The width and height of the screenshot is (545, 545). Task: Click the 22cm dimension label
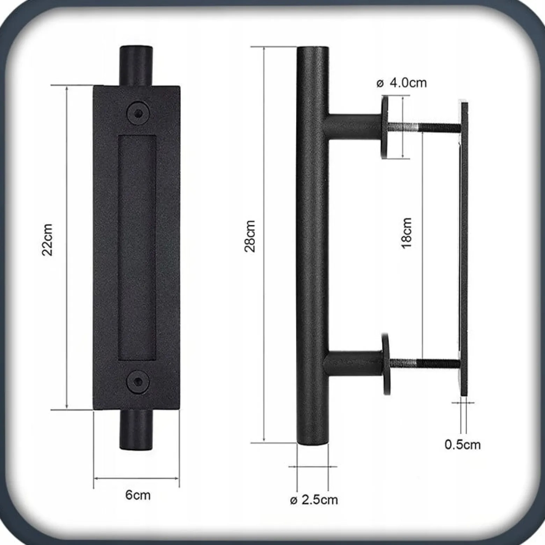[47, 240]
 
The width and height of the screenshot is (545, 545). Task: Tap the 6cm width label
[138, 495]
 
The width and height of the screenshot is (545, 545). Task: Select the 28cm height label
[250, 236]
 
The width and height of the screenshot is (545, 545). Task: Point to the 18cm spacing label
[406, 233]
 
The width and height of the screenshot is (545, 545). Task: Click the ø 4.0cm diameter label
[401, 83]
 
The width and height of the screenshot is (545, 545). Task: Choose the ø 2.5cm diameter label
[314, 500]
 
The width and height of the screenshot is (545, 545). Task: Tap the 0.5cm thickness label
[462, 444]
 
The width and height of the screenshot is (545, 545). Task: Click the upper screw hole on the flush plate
[138, 113]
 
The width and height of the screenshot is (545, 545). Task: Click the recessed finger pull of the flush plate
[137, 248]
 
